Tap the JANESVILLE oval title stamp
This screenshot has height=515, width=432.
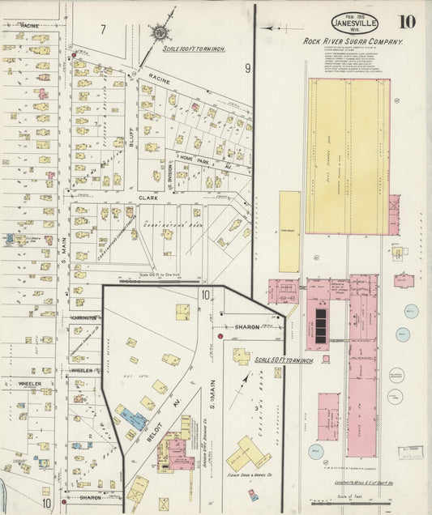click(x=354, y=23)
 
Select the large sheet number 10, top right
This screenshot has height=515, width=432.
click(x=408, y=21)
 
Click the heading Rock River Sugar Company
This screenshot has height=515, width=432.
click(x=353, y=40)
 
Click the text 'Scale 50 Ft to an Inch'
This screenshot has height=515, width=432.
click(x=283, y=360)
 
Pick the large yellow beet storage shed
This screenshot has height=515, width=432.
click(x=348, y=156)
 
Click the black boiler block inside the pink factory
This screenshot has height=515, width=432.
click(x=321, y=325)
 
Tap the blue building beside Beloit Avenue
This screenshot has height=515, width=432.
click(x=135, y=419)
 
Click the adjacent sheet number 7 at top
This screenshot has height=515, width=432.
click(x=103, y=29)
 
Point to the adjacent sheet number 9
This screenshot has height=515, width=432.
click(x=247, y=69)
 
